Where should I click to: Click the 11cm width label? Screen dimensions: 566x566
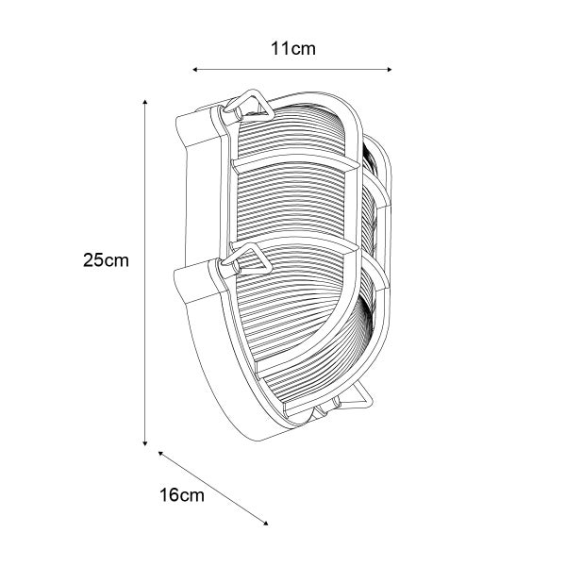click(x=293, y=49)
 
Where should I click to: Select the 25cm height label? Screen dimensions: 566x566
click(x=106, y=260)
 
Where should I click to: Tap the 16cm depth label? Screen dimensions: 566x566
click(x=182, y=494)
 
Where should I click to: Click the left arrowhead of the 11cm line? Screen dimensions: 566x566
click(x=194, y=69)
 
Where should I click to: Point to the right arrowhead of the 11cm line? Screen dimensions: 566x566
click(x=389, y=69)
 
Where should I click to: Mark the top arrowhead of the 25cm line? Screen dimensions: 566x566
click(x=145, y=102)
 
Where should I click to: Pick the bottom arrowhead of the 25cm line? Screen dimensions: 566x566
click(x=145, y=443)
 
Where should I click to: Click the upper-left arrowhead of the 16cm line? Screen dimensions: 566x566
click(x=160, y=454)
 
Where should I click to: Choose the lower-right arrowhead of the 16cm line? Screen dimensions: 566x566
click(x=266, y=523)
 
